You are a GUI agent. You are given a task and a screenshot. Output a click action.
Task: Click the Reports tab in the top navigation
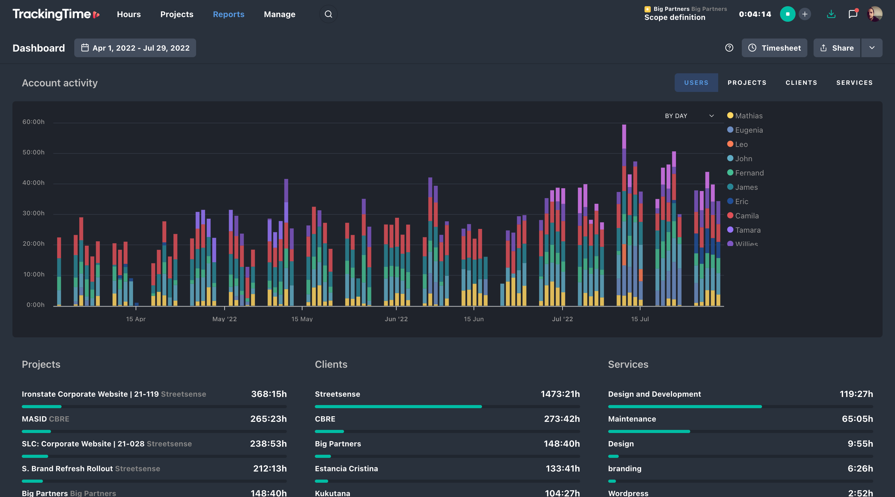click(228, 14)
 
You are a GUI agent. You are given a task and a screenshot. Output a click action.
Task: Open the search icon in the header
click(328, 14)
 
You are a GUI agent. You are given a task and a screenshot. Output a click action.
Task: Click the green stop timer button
click(787, 14)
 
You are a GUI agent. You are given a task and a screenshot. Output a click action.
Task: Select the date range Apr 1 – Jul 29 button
click(135, 48)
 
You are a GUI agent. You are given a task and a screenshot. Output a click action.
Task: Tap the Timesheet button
click(774, 48)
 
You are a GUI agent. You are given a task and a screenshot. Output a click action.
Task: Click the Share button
click(837, 48)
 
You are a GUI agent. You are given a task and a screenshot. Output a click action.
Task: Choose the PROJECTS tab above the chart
click(747, 83)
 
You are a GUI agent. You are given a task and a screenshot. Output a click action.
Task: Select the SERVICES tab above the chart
click(854, 83)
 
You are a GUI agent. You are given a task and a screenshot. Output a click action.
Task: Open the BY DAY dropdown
click(689, 116)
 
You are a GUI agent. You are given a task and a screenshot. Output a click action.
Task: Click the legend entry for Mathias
click(748, 116)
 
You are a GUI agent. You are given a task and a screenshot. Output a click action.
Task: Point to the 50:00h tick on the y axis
click(33, 152)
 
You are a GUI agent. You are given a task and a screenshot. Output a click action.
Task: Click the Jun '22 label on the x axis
click(396, 319)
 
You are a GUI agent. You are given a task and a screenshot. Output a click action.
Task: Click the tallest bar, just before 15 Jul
click(624, 215)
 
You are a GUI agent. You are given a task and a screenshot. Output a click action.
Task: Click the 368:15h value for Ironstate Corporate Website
click(268, 394)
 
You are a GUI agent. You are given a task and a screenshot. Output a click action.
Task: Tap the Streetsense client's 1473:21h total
click(560, 394)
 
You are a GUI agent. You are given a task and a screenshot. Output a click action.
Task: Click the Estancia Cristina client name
click(346, 468)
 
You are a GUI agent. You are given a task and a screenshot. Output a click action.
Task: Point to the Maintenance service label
click(632, 419)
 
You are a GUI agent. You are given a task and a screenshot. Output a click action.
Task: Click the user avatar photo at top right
click(874, 14)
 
